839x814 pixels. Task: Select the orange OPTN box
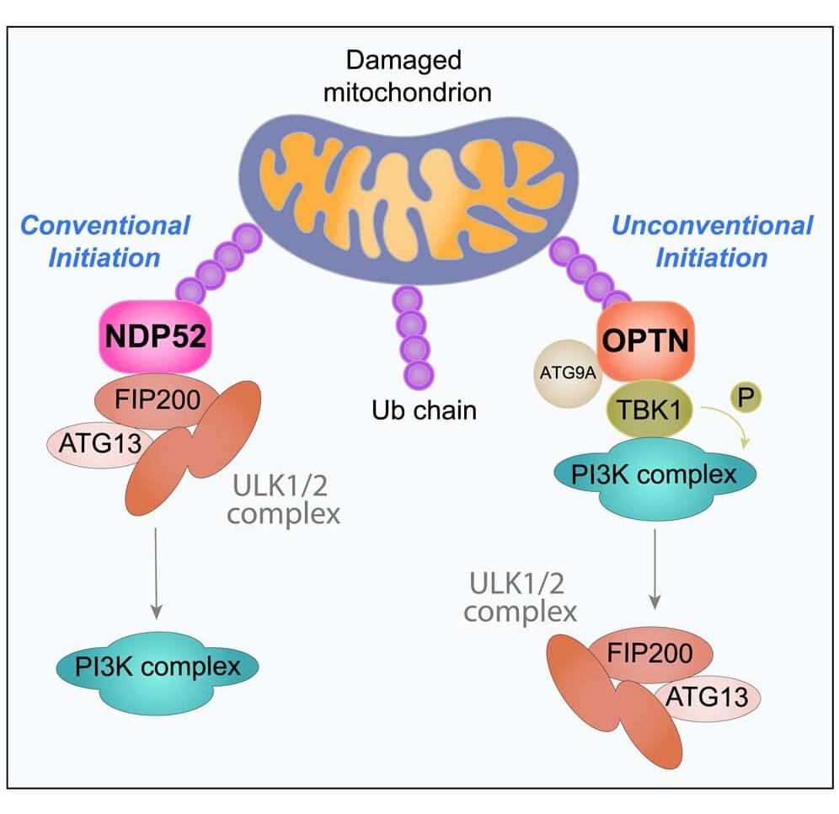(x=645, y=340)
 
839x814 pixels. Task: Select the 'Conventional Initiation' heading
(x=104, y=241)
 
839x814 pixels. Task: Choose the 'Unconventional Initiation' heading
(x=712, y=241)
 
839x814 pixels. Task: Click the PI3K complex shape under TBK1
(x=654, y=478)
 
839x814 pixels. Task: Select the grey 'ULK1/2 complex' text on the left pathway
(x=283, y=499)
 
